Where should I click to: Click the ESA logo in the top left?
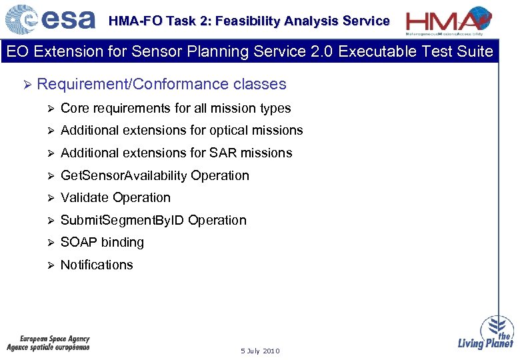tap(51, 19)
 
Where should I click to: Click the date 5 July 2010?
tap(260, 351)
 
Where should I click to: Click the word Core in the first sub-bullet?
tap(74, 108)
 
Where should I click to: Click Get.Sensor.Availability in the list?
tap(124, 175)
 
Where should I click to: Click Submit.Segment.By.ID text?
tap(123, 220)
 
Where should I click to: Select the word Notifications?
tap(97, 265)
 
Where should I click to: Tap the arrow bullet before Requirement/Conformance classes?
tap(27, 84)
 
